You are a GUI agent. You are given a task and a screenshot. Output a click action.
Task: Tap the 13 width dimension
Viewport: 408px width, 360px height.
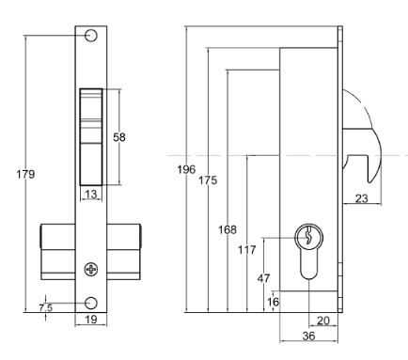click(x=91, y=195)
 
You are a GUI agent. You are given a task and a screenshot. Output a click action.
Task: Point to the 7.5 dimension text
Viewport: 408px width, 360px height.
click(x=45, y=307)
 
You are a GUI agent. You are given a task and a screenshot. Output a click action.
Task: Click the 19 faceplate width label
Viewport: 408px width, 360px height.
click(x=91, y=321)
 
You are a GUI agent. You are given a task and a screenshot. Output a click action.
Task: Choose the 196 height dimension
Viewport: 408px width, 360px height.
click(x=186, y=169)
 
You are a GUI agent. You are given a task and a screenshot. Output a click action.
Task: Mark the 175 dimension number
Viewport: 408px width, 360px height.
click(x=208, y=180)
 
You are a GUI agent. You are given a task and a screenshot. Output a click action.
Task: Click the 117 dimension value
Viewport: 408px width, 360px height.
click(x=248, y=249)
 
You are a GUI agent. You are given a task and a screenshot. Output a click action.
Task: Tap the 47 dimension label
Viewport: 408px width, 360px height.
click(x=264, y=279)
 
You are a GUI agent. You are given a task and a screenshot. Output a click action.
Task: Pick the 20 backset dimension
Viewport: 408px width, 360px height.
click(x=322, y=321)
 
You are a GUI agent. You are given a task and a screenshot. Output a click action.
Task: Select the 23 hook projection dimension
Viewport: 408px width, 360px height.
click(x=361, y=197)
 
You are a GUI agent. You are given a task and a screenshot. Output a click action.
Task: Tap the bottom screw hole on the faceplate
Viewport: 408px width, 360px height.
click(x=91, y=303)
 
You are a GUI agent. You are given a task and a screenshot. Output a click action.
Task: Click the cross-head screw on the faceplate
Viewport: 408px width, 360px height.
click(x=91, y=269)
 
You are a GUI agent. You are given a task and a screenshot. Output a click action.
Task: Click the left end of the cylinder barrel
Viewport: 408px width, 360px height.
click(x=42, y=254)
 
